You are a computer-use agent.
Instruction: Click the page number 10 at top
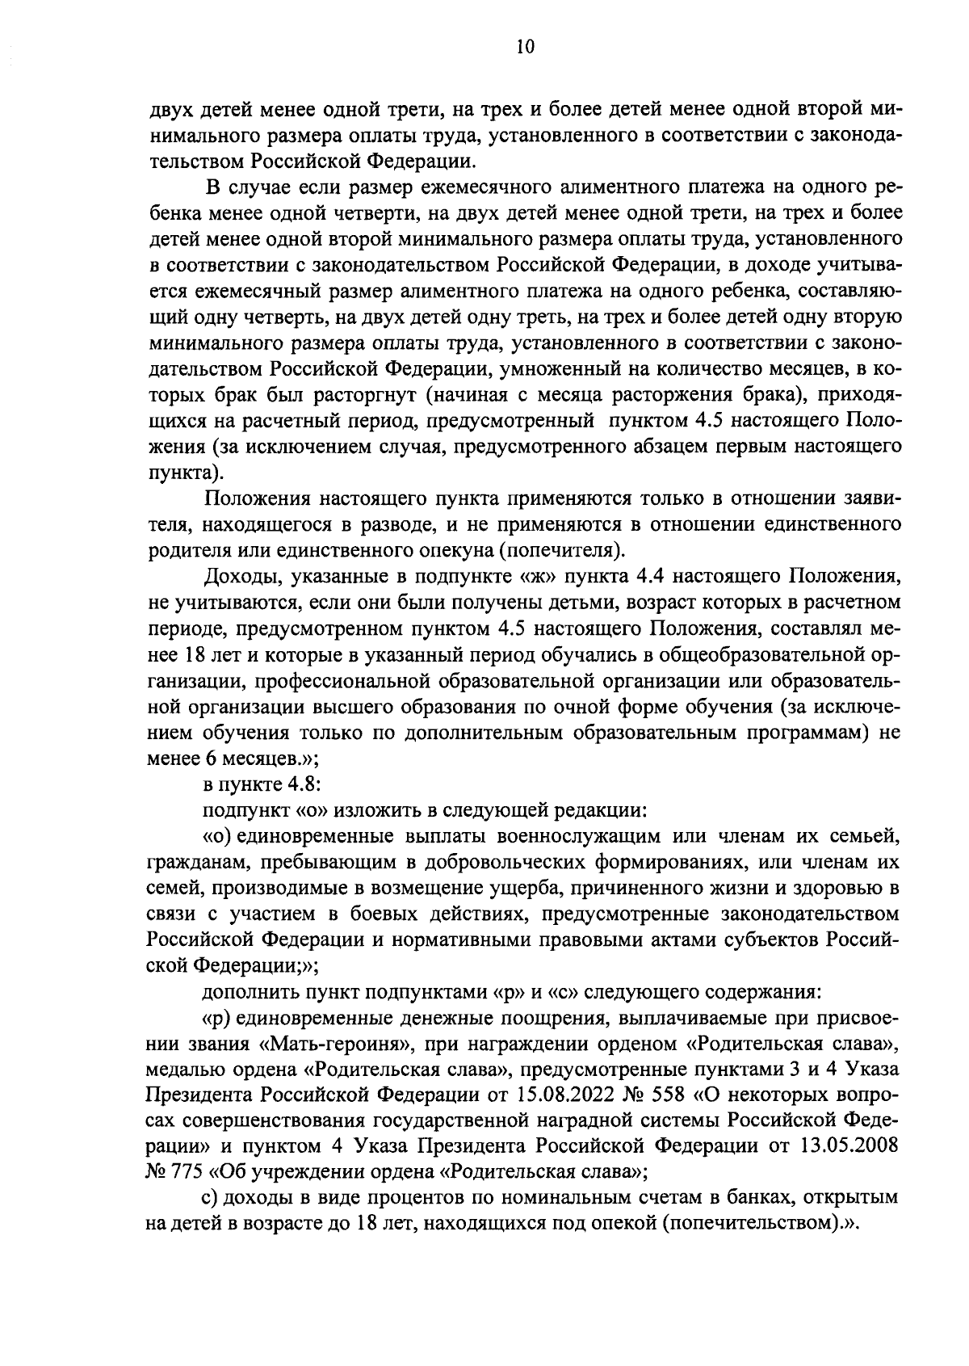(x=523, y=47)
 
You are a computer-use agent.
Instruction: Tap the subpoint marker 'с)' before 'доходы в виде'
(x=210, y=1198)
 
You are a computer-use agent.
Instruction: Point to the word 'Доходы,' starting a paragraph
(x=236, y=576)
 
